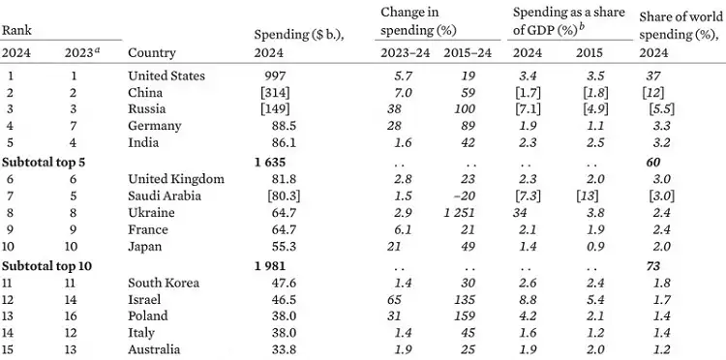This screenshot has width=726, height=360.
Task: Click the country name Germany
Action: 154,126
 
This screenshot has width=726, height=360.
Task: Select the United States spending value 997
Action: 276,75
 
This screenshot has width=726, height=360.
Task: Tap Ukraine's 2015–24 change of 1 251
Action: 459,213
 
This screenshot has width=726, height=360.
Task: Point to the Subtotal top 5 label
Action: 44,162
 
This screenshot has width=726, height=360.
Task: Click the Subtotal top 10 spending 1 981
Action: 270,266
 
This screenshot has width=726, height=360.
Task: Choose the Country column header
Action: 152,53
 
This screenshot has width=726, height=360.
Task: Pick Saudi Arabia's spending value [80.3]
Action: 284,196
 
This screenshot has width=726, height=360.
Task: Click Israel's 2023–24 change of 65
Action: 395,299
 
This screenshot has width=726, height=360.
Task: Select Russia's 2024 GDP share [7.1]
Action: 528,109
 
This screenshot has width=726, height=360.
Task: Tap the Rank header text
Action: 16,31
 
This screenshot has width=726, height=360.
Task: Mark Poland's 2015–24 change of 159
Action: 464,316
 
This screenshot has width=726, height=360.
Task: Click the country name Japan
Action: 145,247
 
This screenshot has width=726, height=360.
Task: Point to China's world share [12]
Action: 652,93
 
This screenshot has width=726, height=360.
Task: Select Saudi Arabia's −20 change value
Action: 465,196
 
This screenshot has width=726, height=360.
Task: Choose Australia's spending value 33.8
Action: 284,349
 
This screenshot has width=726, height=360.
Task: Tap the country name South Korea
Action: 164,283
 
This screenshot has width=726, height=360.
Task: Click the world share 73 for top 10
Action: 652,266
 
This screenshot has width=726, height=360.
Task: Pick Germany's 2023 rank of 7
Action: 74,126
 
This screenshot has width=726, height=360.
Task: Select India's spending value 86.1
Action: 284,142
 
